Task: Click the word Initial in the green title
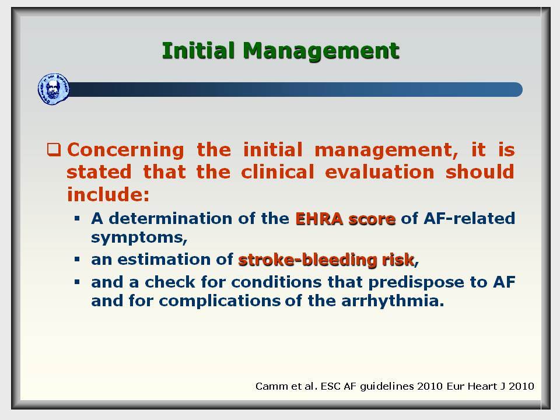coord(198,50)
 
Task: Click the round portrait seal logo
coord(54,89)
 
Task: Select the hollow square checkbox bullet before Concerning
coord(54,149)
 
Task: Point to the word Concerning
coord(125,150)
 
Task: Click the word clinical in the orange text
coord(278,171)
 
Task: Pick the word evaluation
coord(380,171)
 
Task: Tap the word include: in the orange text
coord(108,194)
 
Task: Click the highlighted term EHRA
coord(319,219)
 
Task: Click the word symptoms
coord(139,237)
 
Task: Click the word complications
coord(219,302)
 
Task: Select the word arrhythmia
coord(393,301)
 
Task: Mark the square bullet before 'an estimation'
coord(77,259)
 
